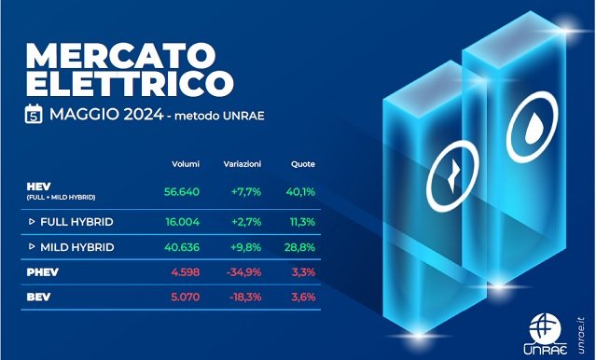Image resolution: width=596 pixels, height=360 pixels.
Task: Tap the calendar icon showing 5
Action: click(34, 116)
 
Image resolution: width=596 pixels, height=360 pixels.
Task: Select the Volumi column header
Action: click(185, 164)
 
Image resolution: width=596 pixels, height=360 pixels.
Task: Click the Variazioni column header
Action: click(242, 164)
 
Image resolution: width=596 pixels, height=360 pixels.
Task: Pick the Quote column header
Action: click(302, 164)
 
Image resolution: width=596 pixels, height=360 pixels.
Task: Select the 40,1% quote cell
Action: click(302, 193)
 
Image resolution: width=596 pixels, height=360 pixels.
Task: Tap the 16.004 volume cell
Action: click(183, 223)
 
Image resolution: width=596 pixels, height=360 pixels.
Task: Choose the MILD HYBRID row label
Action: click(79, 247)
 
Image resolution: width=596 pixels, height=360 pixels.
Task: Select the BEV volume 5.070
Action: click(186, 298)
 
